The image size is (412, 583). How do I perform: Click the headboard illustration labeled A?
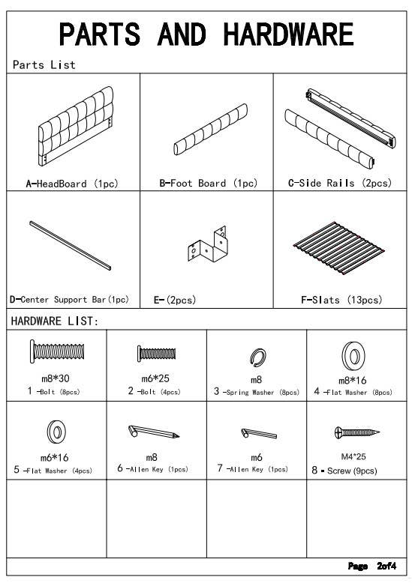tap(76, 127)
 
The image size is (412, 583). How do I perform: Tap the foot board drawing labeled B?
tap(210, 129)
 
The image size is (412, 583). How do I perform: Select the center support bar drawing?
tap(71, 245)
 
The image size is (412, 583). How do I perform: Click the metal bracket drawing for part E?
tap(207, 244)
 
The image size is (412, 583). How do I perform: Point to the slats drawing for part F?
tap(338, 248)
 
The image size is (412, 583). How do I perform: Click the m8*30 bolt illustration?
tap(57, 351)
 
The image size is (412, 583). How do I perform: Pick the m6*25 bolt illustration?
tap(156, 353)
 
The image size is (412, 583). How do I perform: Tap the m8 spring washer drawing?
tap(257, 357)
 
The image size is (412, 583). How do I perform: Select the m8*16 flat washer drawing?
tap(353, 356)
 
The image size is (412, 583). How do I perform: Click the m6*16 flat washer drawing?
tap(56, 432)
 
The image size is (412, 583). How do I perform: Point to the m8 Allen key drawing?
tap(154, 432)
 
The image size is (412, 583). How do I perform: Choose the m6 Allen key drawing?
tap(259, 433)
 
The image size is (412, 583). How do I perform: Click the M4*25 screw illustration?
tap(357, 432)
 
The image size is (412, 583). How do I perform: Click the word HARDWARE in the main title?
tap(288, 34)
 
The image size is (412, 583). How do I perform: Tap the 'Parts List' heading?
tap(44, 64)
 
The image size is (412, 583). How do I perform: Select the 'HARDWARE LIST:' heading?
tap(55, 321)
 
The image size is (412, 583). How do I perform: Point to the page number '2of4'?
tap(386, 566)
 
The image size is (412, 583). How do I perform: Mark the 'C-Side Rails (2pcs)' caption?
tap(340, 183)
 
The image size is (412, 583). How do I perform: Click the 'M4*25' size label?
tap(353, 456)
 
